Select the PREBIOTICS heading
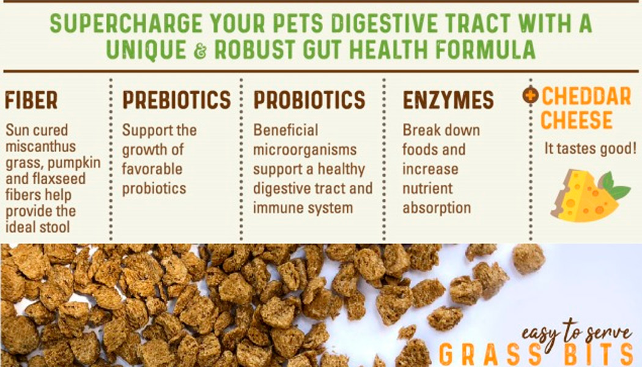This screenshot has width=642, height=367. pos(177,100)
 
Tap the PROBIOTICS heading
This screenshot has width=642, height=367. pos(309,100)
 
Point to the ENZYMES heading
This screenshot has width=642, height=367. pos(448,100)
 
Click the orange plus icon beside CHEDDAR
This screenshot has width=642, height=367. pos(530,96)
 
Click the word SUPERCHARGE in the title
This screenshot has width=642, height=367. pos(126,23)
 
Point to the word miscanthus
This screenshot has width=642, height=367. pos(40,146)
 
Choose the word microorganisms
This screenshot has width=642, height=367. pos(304,150)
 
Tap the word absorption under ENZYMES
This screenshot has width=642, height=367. pos(437,208)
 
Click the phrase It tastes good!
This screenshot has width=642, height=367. pos(591,149)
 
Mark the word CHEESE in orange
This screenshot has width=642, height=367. pos(576,120)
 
